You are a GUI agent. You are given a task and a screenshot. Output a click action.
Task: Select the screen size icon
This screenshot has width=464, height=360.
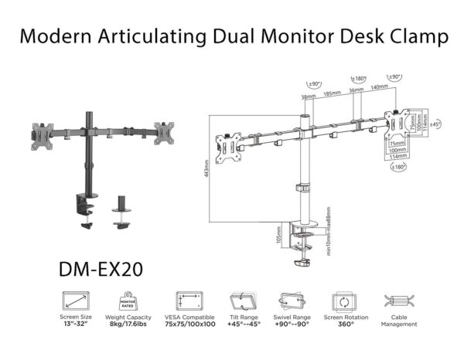77,301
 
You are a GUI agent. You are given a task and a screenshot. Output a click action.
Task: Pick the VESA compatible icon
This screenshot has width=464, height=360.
188,301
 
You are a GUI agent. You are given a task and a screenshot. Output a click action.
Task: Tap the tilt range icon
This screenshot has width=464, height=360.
241,301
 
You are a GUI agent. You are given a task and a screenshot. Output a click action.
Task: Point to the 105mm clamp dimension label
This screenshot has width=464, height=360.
279,234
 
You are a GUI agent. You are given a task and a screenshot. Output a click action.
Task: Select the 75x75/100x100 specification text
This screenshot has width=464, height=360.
188,324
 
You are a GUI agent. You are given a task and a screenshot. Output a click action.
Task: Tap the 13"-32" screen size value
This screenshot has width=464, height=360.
77,324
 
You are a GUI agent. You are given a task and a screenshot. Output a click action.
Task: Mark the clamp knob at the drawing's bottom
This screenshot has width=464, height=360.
303,265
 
